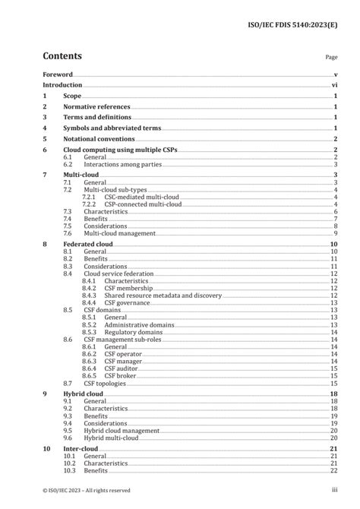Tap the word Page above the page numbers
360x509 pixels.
point(331,57)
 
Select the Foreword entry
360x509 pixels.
point(57,74)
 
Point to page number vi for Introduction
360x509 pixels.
point(334,86)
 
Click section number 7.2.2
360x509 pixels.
point(90,204)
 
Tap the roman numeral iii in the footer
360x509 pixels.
point(334,490)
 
